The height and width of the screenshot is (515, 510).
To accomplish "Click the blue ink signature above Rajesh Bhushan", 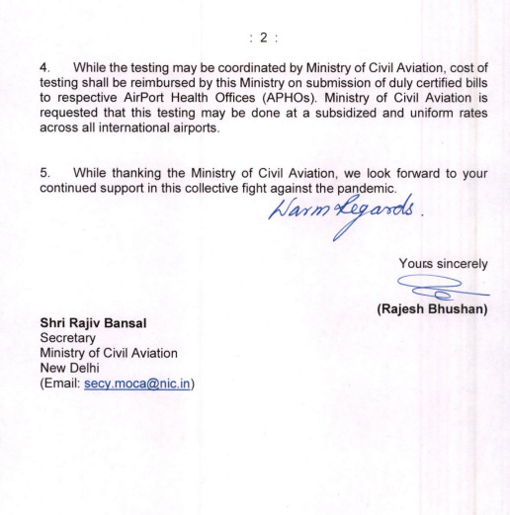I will pyautogui.click(x=446, y=289).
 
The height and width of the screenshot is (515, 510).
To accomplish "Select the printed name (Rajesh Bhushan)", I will pyautogui.click(x=435, y=310).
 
